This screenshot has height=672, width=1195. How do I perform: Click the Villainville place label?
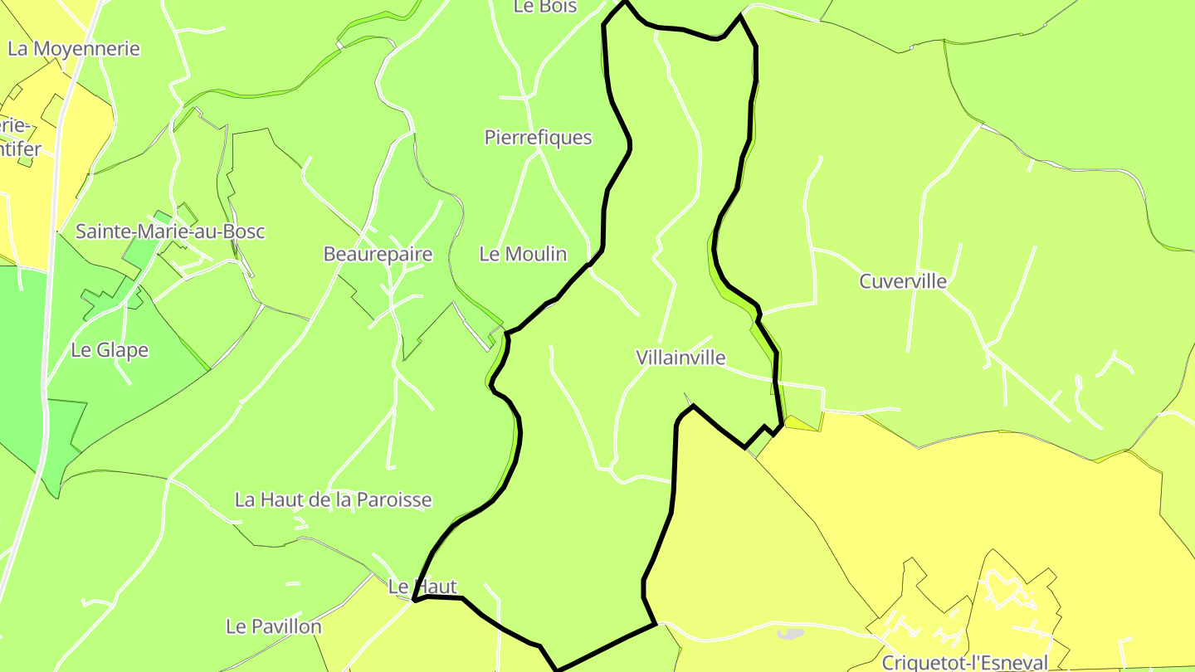[x=680, y=358]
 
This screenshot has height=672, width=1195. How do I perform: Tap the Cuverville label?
[x=903, y=281]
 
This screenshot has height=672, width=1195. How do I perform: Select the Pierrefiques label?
[x=538, y=138]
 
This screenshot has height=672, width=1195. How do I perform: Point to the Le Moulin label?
[x=523, y=255]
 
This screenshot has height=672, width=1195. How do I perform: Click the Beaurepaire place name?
[x=378, y=255]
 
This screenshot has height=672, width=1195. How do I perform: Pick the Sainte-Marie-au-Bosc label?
[x=170, y=231]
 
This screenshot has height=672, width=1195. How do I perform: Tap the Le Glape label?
[x=110, y=350]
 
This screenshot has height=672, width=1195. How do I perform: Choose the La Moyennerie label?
[x=74, y=49]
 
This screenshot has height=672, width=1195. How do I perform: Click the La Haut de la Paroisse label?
[x=333, y=500]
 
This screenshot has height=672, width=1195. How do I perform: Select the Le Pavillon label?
[x=273, y=626]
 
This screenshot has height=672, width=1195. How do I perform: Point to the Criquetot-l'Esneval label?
[x=964, y=663]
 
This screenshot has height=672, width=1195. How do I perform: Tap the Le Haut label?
[x=422, y=587]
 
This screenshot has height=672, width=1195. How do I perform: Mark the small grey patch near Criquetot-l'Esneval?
[x=792, y=634]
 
